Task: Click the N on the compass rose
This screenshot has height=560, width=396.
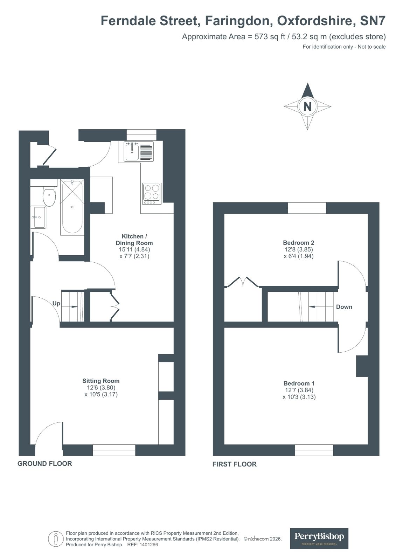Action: (307, 106)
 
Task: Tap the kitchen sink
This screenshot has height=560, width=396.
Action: (132, 151)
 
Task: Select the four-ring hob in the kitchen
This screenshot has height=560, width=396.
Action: (152, 193)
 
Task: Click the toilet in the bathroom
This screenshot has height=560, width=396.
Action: (49, 197)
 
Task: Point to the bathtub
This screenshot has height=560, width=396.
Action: (72, 207)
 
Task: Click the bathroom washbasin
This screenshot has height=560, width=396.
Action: (38, 217)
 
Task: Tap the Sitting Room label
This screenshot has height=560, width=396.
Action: (101, 381)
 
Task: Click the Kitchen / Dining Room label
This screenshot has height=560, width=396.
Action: (134, 240)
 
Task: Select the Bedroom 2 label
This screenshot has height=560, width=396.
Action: (298, 242)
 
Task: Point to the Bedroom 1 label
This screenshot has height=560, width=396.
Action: (299, 383)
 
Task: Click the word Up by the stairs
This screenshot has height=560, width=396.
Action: (56, 303)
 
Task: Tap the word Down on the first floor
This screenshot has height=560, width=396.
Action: (344, 307)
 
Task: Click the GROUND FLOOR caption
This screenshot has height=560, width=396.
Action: (44, 463)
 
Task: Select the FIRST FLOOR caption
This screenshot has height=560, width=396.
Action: (234, 464)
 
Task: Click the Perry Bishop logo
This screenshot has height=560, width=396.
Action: (319, 538)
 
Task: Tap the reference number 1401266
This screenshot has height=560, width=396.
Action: (148, 545)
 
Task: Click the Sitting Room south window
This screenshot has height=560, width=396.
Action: (114, 450)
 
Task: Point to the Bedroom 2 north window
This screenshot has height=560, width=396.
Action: (307, 208)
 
